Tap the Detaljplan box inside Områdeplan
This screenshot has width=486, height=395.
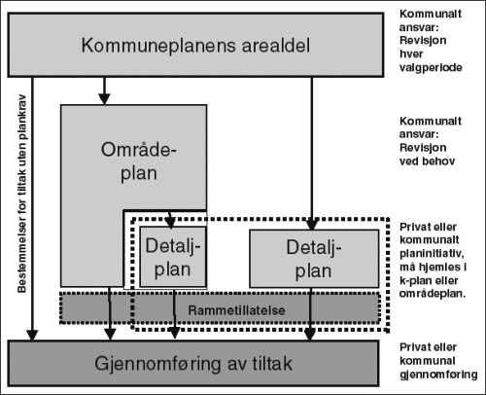[x=172, y=255]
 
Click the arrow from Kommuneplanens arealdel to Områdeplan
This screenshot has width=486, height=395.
[x=102, y=91]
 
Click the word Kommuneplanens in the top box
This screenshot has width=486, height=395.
[x=146, y=46]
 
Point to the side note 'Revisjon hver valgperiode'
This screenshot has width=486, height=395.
[x=428, y=49]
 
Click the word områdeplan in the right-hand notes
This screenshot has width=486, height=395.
[x=432, y=291]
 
